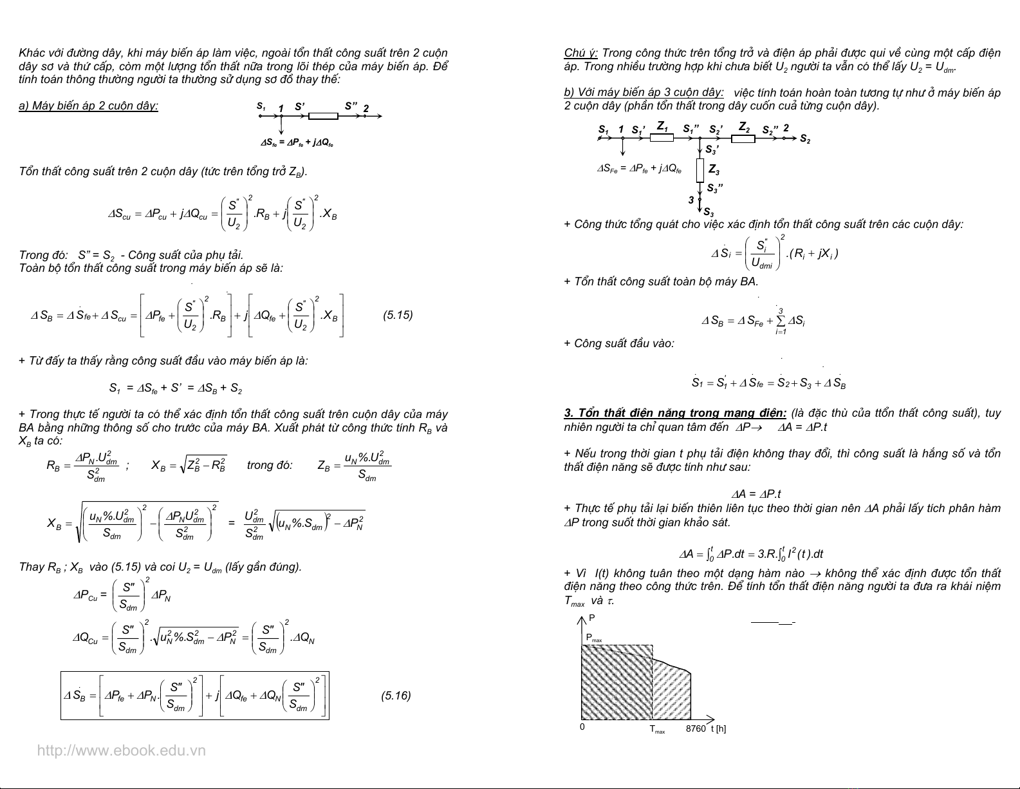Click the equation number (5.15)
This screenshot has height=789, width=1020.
coord(398,315)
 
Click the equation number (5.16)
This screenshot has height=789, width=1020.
coord(396,696)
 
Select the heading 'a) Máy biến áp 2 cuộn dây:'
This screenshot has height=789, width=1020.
coord(89,106)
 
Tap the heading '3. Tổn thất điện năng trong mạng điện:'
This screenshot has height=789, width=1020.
coord(675,413)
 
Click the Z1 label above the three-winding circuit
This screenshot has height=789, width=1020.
coord(662,126)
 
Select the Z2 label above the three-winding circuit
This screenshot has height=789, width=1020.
coord(744,126)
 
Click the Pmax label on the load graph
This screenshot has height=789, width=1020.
coord(593,638)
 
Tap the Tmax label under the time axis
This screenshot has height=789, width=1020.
coord(657,730)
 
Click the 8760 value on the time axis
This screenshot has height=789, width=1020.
coord(695,728)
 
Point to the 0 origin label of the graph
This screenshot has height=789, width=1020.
coord(582,727)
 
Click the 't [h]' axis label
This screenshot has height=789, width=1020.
coord(718,728)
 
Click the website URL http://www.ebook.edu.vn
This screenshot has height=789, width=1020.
coord(122,750)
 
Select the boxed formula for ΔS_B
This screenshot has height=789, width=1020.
coord(194,696)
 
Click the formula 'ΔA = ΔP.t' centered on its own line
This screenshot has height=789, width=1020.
coord(756,494)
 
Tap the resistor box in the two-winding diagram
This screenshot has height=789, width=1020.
coord(323,116)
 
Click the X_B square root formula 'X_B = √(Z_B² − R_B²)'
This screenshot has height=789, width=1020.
coord(189,465)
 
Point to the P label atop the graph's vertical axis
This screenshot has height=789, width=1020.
coord(592,618)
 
